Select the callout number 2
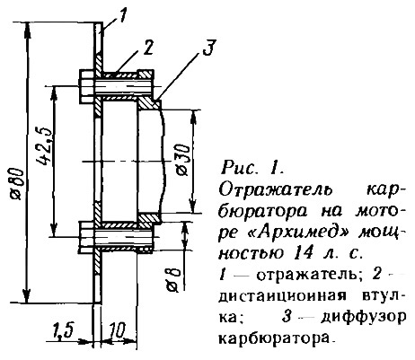(x=147, y=48)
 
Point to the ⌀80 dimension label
(x=17, y=183)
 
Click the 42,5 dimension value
(x=45, y=146)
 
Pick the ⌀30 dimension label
(x=182, y=159)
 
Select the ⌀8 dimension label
(x=174, y=280)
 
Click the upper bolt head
(x=87, y=87)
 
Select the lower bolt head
(x=87, y=237)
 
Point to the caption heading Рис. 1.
(x=252, y=168)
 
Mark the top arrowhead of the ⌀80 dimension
(x=27, y=30)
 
